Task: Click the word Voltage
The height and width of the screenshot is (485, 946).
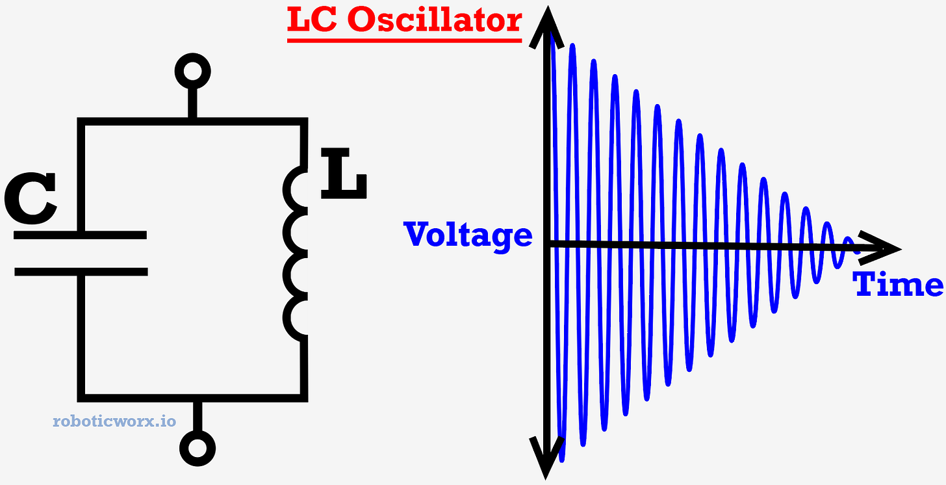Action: click(468, 235)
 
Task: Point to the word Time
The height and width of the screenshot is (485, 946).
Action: click(898, 284)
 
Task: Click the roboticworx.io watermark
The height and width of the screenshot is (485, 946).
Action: click(114, 421)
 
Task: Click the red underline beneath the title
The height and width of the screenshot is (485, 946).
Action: click(404, 40)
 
